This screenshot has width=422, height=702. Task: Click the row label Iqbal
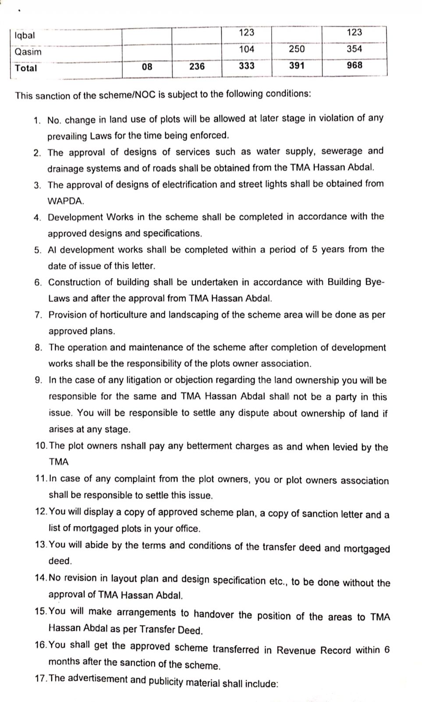coord(25,36)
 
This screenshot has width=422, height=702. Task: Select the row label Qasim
coord(28,52)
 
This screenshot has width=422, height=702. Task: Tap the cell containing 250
coord(297,49)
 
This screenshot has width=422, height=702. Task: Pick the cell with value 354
coord(354,49)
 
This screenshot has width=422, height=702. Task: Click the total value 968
coord(354,65)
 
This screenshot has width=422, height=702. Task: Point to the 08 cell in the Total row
coord(147,67)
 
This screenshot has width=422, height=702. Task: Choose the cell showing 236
coord(197,66)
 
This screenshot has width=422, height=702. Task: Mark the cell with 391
coord(297,66)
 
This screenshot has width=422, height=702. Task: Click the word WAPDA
coord(66,201)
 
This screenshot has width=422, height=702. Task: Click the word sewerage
coord(342,151)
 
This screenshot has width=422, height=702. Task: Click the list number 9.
coord(39,380)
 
